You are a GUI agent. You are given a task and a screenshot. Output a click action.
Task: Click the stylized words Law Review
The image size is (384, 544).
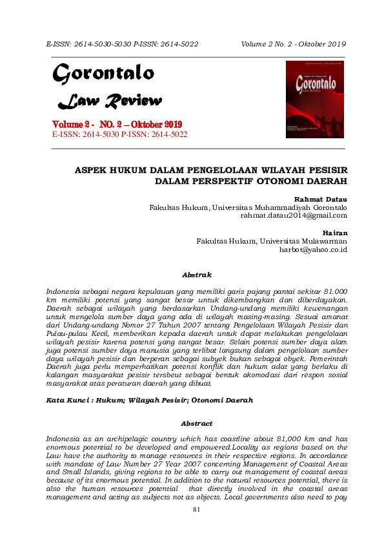point(110,101)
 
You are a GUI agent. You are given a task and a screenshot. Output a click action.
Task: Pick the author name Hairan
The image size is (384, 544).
point(334,232)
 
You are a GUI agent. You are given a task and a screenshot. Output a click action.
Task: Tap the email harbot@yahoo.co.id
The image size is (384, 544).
point(313,249)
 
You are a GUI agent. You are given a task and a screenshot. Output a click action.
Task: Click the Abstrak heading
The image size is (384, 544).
point(197,275)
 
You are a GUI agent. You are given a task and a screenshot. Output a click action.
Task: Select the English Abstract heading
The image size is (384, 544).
point(197,423)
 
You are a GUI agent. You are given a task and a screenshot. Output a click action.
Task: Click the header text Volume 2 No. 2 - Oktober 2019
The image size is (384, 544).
point(294,44)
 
